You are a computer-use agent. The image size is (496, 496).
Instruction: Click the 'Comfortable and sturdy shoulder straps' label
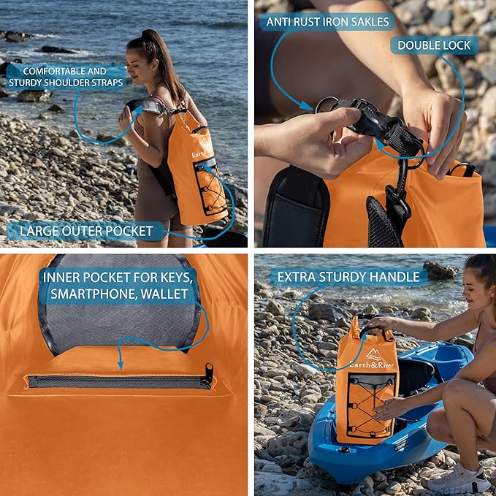tap(66, 77)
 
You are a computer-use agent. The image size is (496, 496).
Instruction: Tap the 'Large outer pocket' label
tap(85, 232)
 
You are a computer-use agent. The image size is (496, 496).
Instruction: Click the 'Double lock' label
tap(434, 45)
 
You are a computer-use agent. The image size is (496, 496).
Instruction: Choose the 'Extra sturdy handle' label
tap(348, 277)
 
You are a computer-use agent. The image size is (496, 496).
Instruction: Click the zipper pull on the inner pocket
tap(209, 374)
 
